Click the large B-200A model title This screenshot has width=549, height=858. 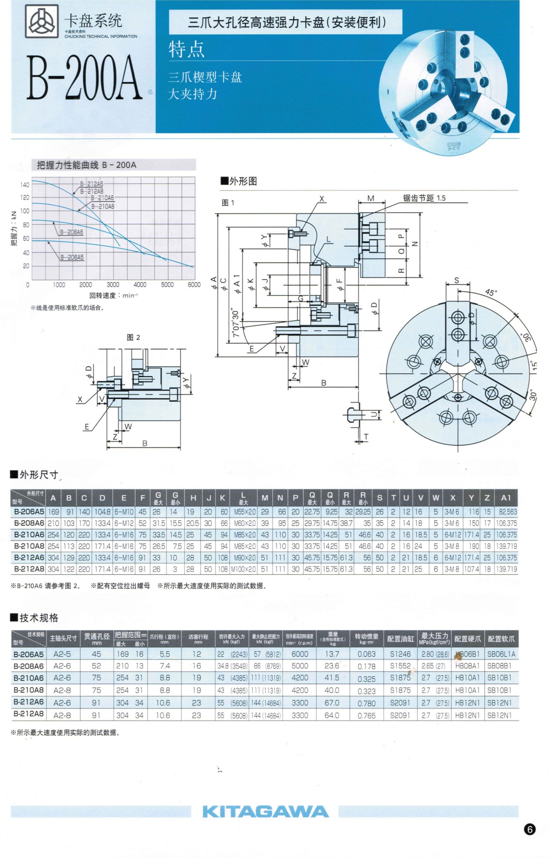point(84,78)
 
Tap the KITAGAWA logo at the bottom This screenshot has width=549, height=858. point(265,811)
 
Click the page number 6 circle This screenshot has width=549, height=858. point(529,829)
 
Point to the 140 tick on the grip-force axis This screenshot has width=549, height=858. point(24,185)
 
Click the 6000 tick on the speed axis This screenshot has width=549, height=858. point(194,285)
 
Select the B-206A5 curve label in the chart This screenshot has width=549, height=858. point(72,258)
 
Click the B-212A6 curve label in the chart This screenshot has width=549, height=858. point(91,184)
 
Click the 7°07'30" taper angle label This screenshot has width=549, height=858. point(236,323)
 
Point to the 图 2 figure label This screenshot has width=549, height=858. point(133,338)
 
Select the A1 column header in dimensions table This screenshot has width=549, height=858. point(506,498)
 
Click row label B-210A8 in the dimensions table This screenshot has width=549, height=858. point(29,546)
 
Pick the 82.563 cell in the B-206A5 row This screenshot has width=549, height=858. point(507,512)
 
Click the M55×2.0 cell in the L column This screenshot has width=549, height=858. point(245,512)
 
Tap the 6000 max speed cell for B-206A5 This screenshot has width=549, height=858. point(300,654)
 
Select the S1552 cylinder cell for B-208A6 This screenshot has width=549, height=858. point(400,666)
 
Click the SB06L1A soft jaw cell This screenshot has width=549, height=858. point(501,654)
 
